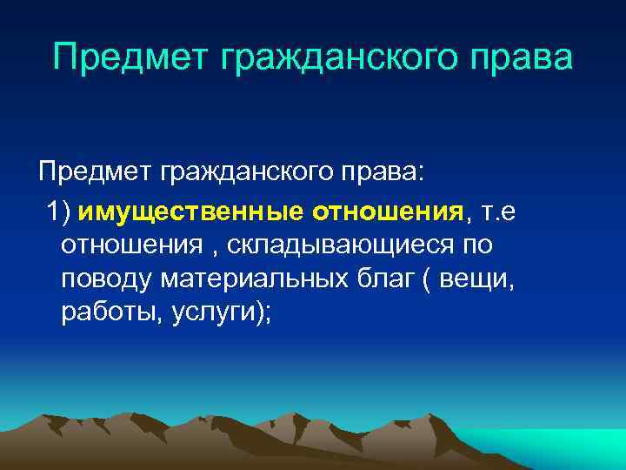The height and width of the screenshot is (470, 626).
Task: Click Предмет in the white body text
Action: pyautogui.click(x=92, y=172)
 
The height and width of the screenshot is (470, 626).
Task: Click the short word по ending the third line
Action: pyautogui.click(x=476, y=245)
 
